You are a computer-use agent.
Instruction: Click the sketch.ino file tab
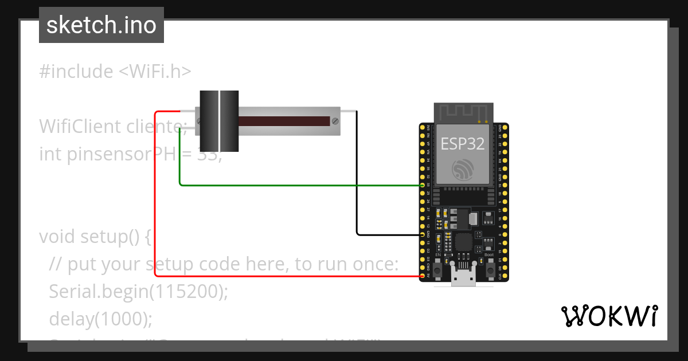pyautogui.click(x=101, y=25)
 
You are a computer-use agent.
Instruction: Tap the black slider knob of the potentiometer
pyautogui.click(x=218, y=120)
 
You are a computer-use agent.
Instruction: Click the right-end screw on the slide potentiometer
pyautogui.click(x=334, y=121)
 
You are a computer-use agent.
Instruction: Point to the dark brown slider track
pyautogui.click(x=283, y=121)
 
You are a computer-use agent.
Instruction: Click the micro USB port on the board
pyautogui.click(x=463, y=279)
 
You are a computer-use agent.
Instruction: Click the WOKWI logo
pyautogui.click(x=609, y=316)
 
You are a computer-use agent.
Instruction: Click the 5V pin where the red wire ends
pyautogui.click(x=423, y=276)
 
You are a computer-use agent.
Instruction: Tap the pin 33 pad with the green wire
pyautogui.click(x=423, y=185)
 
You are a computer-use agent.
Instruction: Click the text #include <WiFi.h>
pyautogui.click(x=115, y=72)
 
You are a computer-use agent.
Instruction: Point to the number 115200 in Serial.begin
pyautogui.click(x=187, y=292)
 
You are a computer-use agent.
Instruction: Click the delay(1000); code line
pyautogui.click(x=101, y=319)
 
